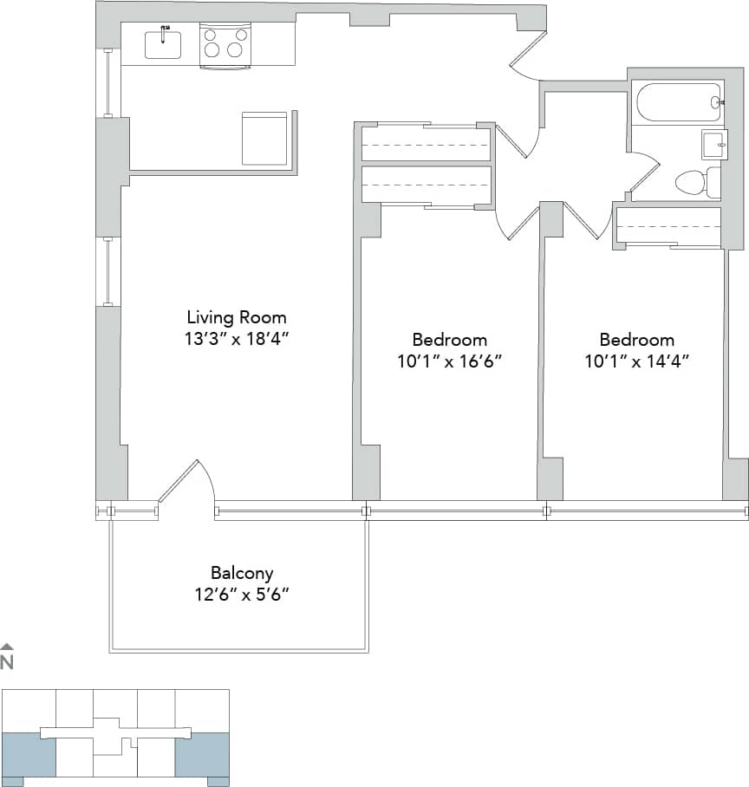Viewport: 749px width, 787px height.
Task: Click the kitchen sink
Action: coord(163,44)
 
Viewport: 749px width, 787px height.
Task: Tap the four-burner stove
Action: coord(224,44)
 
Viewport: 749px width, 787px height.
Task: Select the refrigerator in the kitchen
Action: coord(264,138)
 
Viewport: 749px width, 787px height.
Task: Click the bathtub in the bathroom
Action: coord(678,102)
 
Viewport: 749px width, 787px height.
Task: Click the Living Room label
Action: coord(237,317)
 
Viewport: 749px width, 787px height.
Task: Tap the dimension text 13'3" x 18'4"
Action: coord(237,339)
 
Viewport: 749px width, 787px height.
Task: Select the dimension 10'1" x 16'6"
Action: coord(449,361)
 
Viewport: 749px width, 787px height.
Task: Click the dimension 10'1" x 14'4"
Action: coord(636,361)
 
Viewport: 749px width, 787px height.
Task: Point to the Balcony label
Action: coord(242,573)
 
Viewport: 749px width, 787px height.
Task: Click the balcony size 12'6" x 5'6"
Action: coord(242,595)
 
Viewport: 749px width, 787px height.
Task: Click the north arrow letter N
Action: coord(7,663)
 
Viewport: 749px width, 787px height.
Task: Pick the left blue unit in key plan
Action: coord(28,754)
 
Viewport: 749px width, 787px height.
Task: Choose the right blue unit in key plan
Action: coord(202,754)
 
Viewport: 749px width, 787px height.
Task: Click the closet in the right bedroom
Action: coord(668,226)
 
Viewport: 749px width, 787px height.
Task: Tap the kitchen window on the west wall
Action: coord(107,83)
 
